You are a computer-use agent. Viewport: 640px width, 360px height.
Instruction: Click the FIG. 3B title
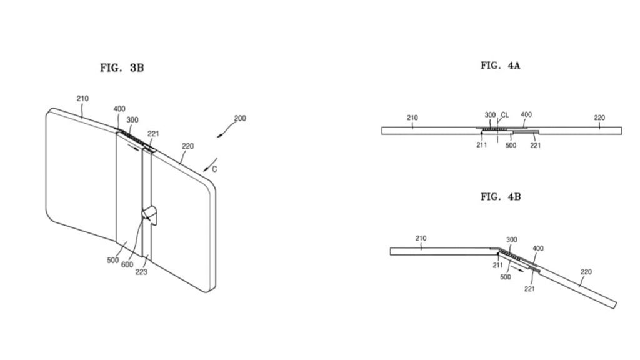(122, 67)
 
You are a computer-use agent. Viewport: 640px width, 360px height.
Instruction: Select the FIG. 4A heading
(500, 65)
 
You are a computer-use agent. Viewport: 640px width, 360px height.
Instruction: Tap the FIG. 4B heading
(500, 197)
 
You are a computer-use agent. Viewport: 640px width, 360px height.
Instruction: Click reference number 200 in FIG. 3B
(240, 118)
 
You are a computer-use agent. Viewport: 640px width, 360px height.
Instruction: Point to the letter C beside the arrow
(214, 169)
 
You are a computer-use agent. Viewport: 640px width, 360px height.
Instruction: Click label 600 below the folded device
(127, 264)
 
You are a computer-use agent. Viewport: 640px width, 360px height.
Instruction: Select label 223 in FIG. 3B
(141, 272)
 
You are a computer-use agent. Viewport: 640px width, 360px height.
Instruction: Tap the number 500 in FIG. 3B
(112, 261)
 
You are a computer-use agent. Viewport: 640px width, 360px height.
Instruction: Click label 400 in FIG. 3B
(119, 109)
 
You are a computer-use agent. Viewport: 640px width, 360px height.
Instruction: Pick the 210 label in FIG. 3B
(82, 98)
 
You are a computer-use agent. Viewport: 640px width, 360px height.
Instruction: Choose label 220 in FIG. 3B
(187, 146)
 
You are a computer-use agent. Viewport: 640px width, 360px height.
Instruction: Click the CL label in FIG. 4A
(505, 115)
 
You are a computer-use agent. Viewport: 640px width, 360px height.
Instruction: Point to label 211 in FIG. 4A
(482, 145)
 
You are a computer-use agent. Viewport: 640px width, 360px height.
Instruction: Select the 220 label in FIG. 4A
(599, 117)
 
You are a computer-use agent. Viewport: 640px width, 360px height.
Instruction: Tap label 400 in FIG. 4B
(538, 248)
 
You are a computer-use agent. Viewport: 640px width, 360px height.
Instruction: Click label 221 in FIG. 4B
(529, 289)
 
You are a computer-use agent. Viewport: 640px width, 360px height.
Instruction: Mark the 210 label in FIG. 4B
(421, 238)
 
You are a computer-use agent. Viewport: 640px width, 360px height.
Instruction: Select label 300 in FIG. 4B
(511, 239)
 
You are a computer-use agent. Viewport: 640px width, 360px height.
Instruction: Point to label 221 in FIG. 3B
(153, 134)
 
